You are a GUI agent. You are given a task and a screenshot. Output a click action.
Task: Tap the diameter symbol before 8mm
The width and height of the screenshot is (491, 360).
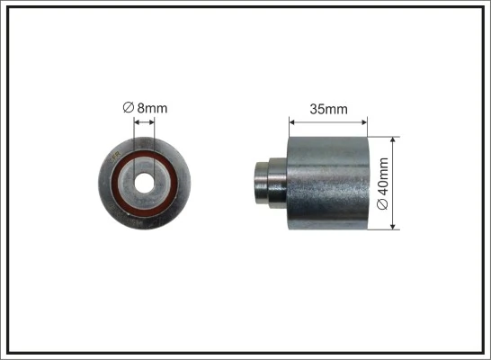[x=129, y=110]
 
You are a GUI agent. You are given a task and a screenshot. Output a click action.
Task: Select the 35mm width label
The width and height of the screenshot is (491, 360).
[x=328, y=110]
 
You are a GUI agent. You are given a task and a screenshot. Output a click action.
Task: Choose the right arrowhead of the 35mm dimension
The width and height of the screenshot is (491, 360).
[x=365, y=121]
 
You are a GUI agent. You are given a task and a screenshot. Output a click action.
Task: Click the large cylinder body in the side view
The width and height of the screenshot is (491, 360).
[x=328, y=184]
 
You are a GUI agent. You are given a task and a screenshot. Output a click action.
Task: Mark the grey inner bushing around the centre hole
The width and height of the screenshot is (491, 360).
[x=144, y=167]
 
